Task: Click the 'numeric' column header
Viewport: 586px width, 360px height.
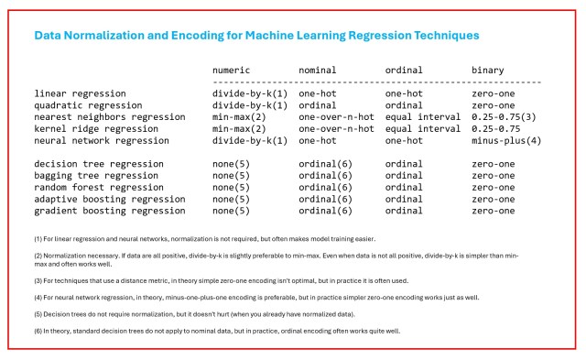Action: tap(231, 70)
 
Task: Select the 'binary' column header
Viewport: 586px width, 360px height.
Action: tap(488, 71)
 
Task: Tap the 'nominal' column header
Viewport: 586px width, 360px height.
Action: tap(318, 70)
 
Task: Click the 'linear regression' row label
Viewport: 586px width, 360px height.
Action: tap(80, 93)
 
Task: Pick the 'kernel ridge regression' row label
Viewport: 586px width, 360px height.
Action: tap(96, 128)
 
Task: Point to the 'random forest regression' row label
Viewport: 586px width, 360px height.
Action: tap(99, 187)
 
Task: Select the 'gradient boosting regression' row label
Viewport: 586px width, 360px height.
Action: tap(110, 211)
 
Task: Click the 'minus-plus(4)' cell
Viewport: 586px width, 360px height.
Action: tap(506, 140)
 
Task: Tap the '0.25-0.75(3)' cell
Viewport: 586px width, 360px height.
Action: tap(504, 117)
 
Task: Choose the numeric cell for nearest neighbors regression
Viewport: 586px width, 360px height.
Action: tap(239, 117)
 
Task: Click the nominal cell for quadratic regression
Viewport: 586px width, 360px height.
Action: tap(318, 105)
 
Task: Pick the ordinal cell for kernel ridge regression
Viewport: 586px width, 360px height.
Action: tap(423, 128)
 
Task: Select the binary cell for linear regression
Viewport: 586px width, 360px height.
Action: tap(494, 93)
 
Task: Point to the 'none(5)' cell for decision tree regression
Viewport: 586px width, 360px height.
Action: tap(231, 164)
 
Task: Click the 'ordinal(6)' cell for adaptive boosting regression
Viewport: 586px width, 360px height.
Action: tap(326, 199)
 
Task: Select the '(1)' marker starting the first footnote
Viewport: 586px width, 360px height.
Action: tap(38, 239)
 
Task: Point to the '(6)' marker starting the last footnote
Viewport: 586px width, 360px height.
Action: tap(38, 332)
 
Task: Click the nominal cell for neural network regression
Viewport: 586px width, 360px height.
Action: tap(318, 140)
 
